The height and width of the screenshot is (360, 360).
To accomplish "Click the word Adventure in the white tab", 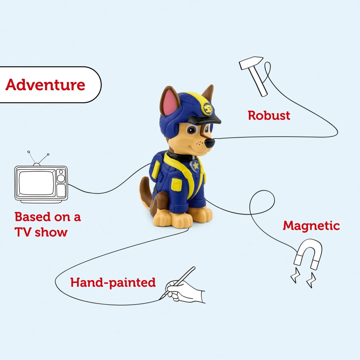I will coord(45,85).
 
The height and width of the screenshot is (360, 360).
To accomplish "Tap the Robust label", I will coord(269,116).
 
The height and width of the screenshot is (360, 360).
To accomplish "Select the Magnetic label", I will coord(311,226).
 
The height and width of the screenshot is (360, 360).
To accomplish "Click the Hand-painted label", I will coord(113,282).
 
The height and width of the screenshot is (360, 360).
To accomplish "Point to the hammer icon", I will coord(255,75).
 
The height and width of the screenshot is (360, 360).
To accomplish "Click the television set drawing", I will coord(41,184).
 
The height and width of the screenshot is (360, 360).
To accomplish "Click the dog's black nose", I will coord(210,143).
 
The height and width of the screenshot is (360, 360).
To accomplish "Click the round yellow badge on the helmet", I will coord(207,108).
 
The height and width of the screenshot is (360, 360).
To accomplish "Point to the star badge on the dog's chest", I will coord(195,166).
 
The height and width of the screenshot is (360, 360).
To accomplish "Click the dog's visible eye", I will coord(192,130).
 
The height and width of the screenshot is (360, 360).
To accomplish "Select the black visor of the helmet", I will coord(205,120).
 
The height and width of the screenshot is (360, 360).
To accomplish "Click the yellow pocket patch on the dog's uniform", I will coord(176,184).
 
